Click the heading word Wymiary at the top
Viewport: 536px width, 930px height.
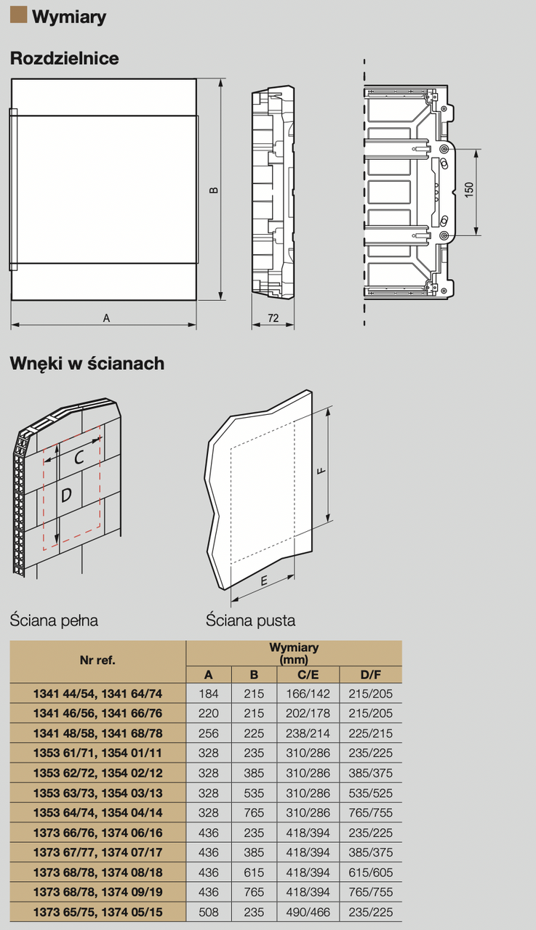pos(69,17)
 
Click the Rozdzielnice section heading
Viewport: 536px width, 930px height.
pos(65,59)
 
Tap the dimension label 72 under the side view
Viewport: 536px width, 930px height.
pos(273,318)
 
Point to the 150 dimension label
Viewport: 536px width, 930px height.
pos(470,190)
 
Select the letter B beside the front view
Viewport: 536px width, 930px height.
pos(214,190)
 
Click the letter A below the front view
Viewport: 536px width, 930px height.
pos(106,318)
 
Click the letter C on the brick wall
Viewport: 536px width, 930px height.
pos(80,457)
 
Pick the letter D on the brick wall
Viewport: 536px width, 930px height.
pos(66,496)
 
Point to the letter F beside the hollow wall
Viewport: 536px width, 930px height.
pos(320,471)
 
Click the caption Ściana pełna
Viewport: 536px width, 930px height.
pos(54,620)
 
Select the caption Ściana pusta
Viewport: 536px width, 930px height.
pos(250,620)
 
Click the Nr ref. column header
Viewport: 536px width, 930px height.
pos(97,660)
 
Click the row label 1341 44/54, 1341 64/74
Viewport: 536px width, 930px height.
pos(97,694)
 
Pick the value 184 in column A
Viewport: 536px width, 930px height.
pos(209,694)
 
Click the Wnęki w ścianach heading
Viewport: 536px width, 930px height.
pos(87,363)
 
